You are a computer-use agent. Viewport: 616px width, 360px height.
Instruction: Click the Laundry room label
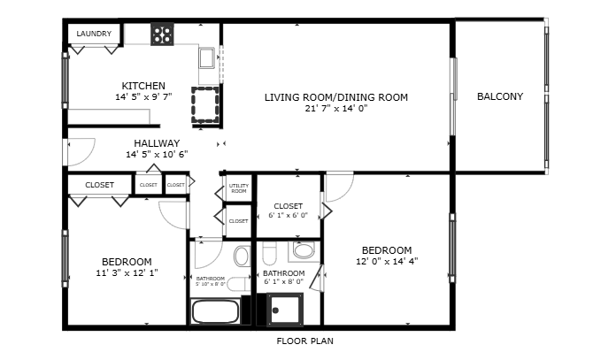94,34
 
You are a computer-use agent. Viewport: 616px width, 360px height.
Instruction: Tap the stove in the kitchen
162,34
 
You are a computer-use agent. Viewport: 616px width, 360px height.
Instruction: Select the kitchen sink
206,58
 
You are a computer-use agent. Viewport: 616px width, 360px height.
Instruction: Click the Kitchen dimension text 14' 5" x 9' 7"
143,96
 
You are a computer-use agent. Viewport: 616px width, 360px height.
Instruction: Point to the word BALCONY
500,96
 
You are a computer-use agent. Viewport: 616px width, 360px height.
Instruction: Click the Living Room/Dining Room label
336,97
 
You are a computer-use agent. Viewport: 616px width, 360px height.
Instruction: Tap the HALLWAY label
157,143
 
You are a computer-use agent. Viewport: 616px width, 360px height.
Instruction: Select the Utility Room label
239,188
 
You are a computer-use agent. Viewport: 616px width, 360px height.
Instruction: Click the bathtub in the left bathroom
216,311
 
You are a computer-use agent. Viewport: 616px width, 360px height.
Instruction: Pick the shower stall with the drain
285,310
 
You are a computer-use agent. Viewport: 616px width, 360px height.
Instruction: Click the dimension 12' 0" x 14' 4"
387,262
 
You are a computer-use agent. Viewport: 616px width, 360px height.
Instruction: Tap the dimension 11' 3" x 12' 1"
127,272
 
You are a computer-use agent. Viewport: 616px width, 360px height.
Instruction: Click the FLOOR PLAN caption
304,341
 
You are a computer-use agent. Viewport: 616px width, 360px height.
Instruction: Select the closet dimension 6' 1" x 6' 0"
288,215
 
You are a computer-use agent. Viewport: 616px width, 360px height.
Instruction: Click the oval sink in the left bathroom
242,256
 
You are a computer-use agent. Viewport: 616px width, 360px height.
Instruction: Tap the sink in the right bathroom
304,250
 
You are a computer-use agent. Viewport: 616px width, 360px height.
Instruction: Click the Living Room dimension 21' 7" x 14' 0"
336,108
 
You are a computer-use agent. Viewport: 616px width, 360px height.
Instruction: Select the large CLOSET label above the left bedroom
99,185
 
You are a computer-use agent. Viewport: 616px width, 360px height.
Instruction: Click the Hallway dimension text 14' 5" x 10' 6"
157,154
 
